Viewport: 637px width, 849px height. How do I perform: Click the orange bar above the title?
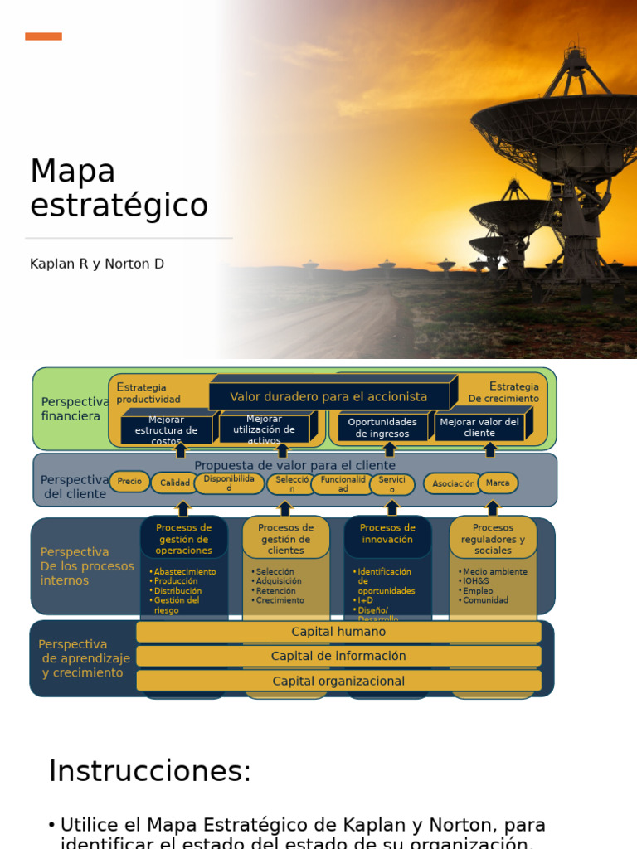coord(43,36)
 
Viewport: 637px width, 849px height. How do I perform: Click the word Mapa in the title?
coord(73,172)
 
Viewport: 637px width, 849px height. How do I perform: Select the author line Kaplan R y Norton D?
coord(97,264)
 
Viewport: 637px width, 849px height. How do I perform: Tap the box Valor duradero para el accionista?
coord(328,397)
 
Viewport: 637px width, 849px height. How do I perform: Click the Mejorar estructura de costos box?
coord(166,429)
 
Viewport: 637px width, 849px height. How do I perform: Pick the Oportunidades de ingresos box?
coord(382,428)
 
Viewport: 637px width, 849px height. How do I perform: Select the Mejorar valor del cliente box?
coord(479,428)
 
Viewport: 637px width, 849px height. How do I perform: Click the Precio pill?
coord(129,482)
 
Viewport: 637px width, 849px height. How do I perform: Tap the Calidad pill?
coord(175,483)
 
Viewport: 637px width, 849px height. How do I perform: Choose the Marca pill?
coord(498,483)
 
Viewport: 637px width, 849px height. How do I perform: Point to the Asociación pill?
coord(454,483)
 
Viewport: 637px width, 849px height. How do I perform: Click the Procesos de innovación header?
coord(387,534)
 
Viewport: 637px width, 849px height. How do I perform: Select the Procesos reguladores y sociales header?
coord(493,539)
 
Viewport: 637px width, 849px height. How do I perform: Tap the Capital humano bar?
coord(338,632)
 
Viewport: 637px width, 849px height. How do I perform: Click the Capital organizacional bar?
coord(338,682)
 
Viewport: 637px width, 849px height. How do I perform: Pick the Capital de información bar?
coord(338,657)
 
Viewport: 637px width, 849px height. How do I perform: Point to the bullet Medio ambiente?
coord(495,572)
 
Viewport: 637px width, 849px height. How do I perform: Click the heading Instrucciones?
coord(149,771)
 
